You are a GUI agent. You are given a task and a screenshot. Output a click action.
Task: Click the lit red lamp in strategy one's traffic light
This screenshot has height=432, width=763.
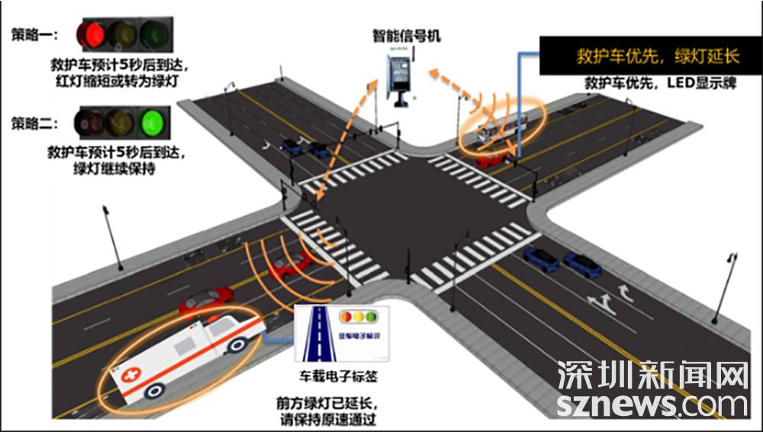91,34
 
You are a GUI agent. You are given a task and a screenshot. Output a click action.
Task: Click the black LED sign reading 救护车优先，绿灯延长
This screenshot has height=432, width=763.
650,56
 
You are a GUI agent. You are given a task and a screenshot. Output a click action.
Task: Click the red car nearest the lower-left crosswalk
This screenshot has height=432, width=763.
291,264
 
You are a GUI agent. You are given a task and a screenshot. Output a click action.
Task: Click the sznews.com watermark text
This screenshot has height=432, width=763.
652,405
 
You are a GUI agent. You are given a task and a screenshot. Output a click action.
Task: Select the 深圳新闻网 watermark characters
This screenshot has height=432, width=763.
652,376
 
